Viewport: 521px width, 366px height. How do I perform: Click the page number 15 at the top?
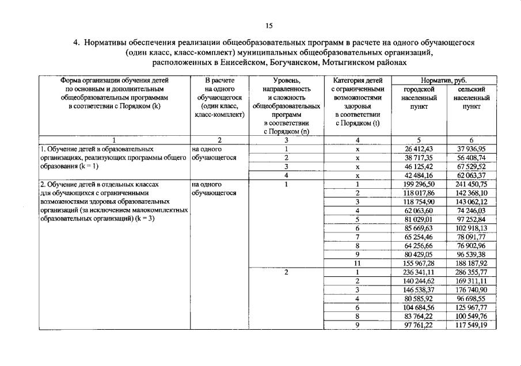[269, 25]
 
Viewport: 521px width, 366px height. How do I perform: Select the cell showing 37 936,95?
[471, 148]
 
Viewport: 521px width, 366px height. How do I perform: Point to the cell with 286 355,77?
[471, 272]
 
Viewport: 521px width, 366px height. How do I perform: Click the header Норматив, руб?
[445, 81]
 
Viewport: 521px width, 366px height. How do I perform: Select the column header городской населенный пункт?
[419, 98]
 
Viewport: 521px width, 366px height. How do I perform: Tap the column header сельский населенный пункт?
[471, 98]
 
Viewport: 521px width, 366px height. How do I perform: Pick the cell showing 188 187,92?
[471, 263]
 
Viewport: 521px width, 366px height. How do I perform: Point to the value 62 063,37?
[471, 175]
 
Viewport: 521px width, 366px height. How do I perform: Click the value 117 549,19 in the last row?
[471, 325]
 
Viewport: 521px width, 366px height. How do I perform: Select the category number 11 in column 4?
[358, 263]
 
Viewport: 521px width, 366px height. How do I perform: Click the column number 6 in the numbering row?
[471, 140]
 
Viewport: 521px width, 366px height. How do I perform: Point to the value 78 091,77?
[471, 237]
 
